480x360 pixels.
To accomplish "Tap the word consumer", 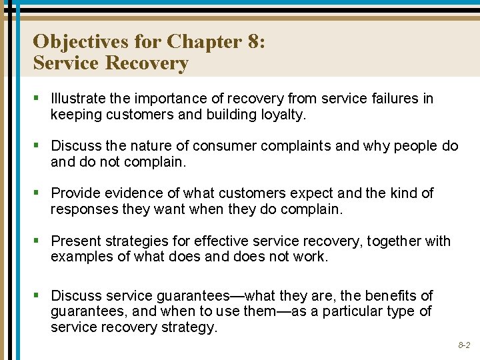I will click(x=213, y=145).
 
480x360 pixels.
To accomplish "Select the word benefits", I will click(x=386, y=295).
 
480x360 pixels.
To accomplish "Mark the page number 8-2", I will click(x=464, y=345).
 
